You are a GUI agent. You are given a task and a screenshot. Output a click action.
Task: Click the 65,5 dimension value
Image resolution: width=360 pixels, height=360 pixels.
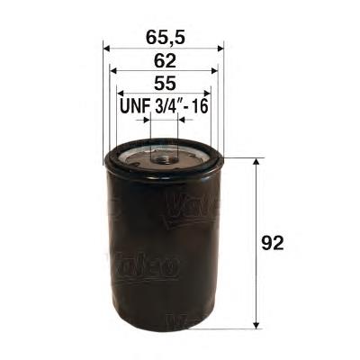(165, 38)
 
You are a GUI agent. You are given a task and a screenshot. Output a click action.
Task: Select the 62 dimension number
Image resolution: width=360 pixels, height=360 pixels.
(165, 61)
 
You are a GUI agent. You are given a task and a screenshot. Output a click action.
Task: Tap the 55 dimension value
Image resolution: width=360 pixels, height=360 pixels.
(165, 84)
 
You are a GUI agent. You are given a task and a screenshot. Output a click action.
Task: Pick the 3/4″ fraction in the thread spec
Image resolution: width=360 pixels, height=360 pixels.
(167, 106)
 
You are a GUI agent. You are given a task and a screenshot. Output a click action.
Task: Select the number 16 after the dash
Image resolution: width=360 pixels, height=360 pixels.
(199, 106)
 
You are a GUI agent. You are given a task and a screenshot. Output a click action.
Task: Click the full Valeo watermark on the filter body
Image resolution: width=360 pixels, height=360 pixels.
(144, 264)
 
